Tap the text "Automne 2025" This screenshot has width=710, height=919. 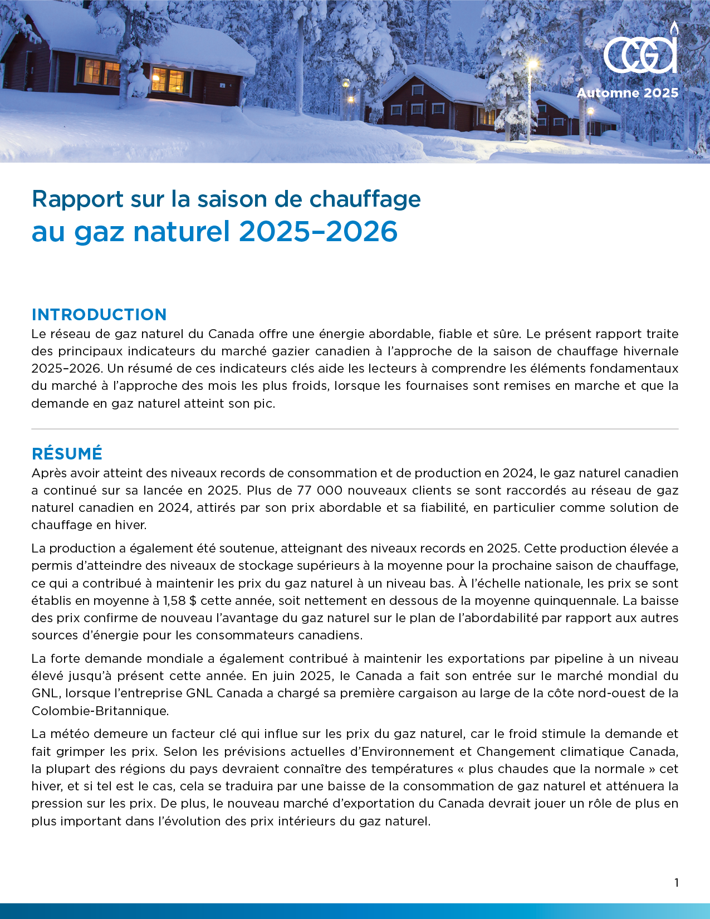tap(628, 93)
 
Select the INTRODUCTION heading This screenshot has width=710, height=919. tap(99, 315)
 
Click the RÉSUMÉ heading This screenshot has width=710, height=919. tap(67, 454)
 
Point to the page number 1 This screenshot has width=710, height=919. tap(677, 883)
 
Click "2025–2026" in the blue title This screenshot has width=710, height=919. tap(318, 232)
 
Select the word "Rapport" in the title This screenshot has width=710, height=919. tap(77, 199)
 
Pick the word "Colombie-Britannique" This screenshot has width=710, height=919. tap(99, 711)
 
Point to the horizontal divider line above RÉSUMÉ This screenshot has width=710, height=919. tap(355, 429)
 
